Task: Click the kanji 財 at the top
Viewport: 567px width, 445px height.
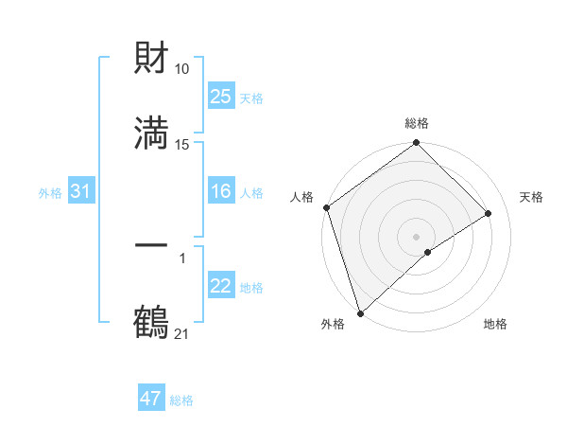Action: coord(151,59)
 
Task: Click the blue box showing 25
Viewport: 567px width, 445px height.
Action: coord(220,97)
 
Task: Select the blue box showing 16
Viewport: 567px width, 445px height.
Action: coord(220,191)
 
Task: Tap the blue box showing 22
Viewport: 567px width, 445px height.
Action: coord(220,286)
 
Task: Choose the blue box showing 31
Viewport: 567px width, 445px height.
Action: coord(80,191)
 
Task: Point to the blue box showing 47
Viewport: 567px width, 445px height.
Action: coord(151,399)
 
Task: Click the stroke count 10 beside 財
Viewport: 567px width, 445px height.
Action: coord(182,69)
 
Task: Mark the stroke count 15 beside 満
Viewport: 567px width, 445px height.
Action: coord(182,144)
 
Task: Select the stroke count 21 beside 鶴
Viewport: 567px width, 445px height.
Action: coord(182,333)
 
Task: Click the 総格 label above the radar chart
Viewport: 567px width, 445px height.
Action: coord(417,124)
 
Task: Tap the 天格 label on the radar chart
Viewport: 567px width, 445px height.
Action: coord(531,197)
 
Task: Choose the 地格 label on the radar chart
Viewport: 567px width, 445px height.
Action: coord(495,324)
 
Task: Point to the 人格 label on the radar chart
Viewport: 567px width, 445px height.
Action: coord(302,197)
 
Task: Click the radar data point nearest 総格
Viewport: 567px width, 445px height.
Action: coord(417,145)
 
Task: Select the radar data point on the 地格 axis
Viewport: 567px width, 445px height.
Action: coord(428,252)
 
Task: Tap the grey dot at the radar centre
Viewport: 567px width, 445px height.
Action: coord(416,235)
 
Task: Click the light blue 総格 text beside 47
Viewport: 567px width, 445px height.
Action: coord(181,400)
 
